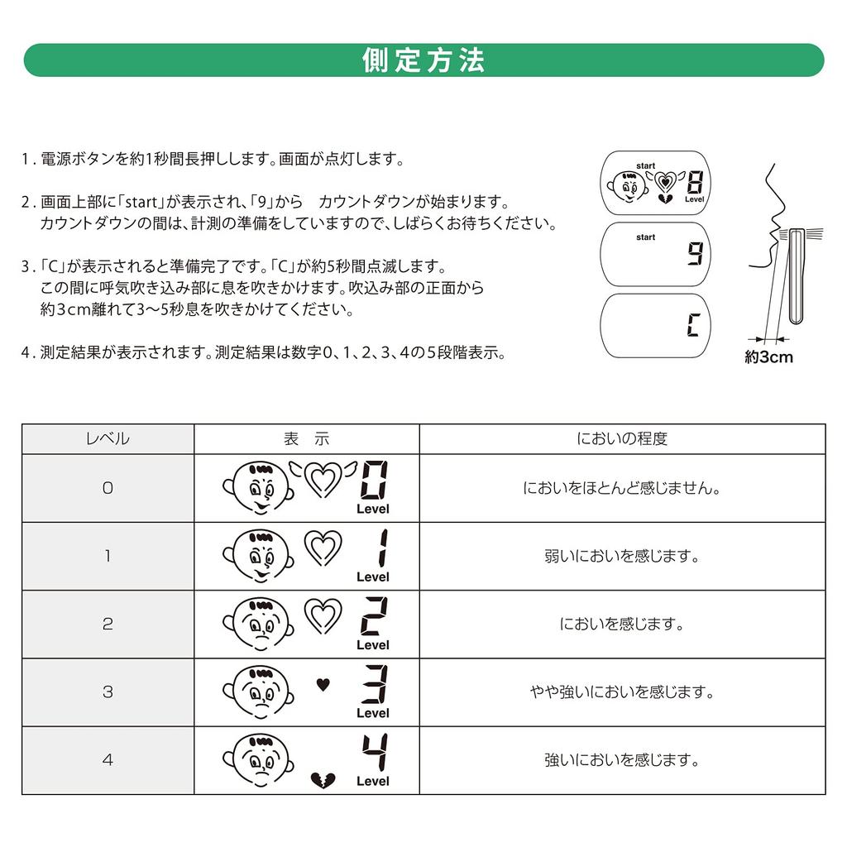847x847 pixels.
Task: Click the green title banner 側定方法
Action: click(423, 60)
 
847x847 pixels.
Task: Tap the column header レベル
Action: click(108, 439)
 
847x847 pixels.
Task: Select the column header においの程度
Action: click(622, 439)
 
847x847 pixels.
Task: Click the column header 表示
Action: click(306, 439)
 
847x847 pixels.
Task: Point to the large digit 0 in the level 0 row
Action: click(372, 481)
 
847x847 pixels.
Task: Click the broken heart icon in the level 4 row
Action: click(323, 778)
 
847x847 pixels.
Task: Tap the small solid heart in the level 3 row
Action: click(323, 684)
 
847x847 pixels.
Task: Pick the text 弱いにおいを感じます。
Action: click(622, 556)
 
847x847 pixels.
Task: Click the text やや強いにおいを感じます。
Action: click(622, 692)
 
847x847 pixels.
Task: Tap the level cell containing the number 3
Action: click(108, 692)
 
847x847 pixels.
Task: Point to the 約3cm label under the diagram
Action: click(768, 357)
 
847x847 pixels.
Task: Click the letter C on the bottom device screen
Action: click(692, 325)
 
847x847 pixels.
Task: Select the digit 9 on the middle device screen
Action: click(694, 254)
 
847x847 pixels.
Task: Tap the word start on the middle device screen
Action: click(645, 237)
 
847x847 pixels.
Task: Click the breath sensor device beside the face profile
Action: click(796, 275)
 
